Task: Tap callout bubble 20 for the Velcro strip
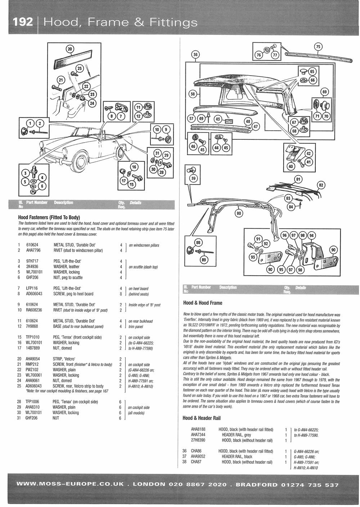click(70, 49)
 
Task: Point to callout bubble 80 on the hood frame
click(238, 213)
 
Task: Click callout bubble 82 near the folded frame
click(321, 185)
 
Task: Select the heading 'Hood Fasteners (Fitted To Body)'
click(49, 217)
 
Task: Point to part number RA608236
click(34, 310)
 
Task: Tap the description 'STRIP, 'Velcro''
click(67, 359)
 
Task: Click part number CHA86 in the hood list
click(196, 451)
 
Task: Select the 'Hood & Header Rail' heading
click(202, 418)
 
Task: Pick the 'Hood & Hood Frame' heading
click(203, 303)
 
